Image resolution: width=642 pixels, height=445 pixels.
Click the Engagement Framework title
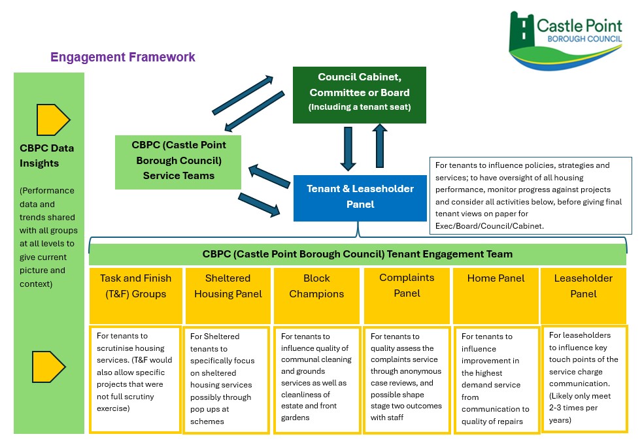(123, 57)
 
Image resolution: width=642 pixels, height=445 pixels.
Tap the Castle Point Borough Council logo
(566, 40)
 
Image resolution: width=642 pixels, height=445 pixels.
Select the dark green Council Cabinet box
(360, 95)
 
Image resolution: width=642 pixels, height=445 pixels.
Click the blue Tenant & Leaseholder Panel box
(360, 198)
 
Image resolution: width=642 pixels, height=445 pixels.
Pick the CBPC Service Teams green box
(178, 162)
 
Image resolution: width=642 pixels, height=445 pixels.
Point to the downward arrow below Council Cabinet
(348, 148)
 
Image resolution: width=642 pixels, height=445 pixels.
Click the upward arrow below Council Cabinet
(380, 146)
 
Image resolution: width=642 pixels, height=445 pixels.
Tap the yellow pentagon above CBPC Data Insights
(53, 120)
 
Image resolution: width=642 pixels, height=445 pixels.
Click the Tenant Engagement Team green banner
(358, 254)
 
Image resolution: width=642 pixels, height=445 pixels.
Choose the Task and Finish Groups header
(135, 295)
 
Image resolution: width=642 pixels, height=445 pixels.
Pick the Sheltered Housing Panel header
(228, 295)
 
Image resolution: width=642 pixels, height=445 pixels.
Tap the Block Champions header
(316, 295)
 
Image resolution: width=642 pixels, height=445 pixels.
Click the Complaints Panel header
(407, 295)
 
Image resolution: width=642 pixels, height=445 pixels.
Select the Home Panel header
(496, 295)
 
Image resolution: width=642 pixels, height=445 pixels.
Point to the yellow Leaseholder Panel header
(583, 295)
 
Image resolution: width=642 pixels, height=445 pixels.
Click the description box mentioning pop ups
(226, 380)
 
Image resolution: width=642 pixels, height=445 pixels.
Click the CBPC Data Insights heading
(46, 156)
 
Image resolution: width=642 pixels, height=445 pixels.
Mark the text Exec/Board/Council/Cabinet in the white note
(489, 226)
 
